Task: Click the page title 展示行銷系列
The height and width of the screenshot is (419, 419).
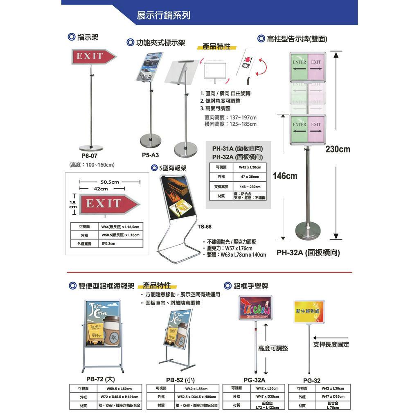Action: click(x=163, y=16)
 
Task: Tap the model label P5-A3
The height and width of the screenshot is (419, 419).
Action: click(x=150, y=155)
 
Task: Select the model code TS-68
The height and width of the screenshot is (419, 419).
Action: click(x=204, y=226)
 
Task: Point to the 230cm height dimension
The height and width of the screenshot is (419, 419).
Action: click(x=338, y=149)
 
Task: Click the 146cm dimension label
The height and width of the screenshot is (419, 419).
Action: click(x=285, y=176)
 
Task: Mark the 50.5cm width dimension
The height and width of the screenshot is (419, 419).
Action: click(x=109, y=182)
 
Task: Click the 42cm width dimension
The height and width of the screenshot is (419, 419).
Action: click(x=101, y=189)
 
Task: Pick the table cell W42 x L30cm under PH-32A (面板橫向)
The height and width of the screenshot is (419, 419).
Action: click(x=250, y=167)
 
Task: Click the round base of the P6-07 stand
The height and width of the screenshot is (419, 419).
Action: click(x=91, y=148)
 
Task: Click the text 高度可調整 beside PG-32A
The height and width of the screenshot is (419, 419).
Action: click(x=273, y=348)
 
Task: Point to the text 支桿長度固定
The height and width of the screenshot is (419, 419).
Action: click(x=331, y=345)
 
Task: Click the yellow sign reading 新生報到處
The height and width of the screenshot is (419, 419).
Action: click(x=309, y=311)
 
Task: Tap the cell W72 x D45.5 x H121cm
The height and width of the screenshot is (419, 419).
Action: click(x=119, y=397)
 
